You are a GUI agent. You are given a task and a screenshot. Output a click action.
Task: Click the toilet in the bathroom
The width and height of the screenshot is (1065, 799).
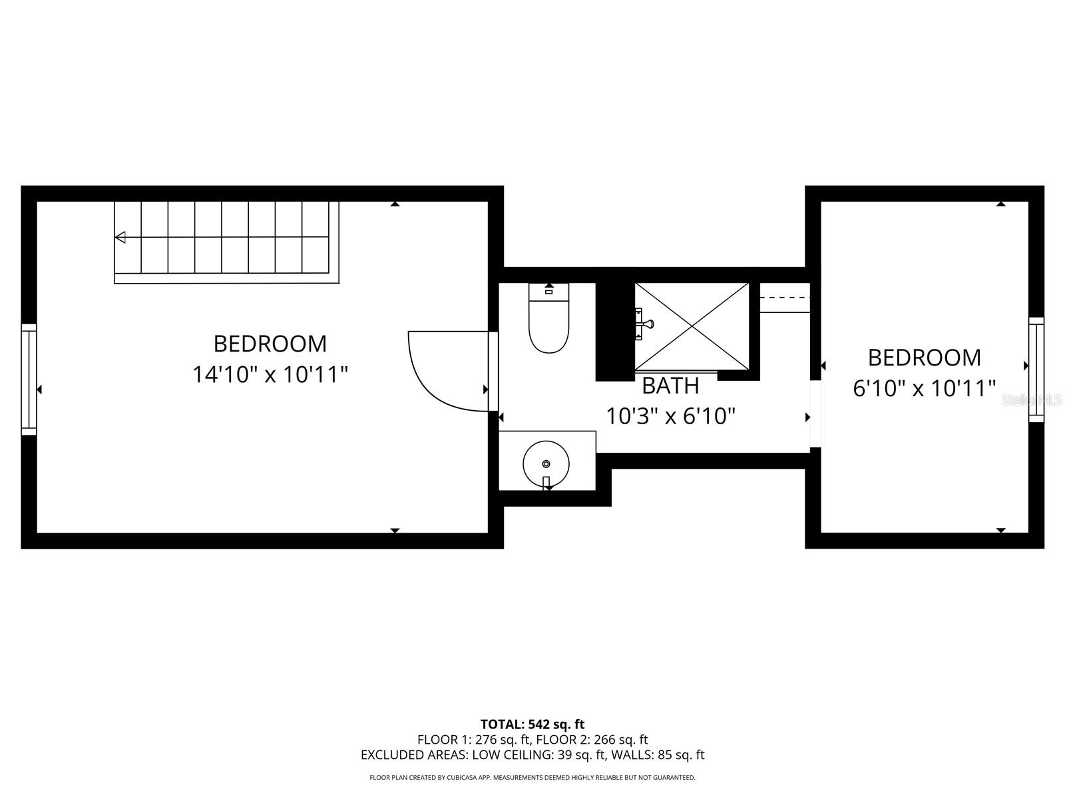tap(549, 323)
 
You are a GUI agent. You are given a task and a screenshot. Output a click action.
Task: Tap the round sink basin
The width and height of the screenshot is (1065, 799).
tap(546, 463)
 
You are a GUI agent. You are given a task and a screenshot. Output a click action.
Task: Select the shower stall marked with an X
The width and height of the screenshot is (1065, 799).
tap(692, 326)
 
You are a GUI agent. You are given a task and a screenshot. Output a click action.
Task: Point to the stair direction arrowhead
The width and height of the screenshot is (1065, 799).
tap(120, 237)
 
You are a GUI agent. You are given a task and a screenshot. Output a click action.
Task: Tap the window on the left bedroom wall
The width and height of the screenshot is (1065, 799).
tap(29, 380)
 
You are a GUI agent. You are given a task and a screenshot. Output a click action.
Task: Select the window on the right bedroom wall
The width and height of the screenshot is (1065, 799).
tap(1036, 370)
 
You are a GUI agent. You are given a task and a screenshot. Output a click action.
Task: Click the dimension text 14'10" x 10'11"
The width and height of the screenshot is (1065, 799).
tap(270, 374)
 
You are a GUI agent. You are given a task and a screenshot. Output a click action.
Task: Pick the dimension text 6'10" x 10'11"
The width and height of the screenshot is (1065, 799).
tap(924, 388)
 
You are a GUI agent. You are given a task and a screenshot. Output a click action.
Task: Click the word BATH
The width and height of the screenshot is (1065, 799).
tap(670, 386)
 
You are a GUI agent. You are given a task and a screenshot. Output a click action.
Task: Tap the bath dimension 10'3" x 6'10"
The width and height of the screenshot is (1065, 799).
tap(670, 417)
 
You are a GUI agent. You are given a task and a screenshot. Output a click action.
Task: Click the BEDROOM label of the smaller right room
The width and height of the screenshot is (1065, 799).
tap(924, 358)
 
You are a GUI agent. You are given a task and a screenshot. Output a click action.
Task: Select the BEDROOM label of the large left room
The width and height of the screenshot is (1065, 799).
tap(270, 344)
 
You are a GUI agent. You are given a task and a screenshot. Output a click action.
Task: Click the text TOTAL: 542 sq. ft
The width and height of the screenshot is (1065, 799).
tap(532, 724)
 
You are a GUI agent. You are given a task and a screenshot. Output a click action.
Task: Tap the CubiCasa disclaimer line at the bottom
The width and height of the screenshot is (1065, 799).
tap(532, 777)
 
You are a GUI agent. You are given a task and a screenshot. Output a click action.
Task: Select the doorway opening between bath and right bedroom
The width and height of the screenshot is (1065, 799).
tap(815, 413)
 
